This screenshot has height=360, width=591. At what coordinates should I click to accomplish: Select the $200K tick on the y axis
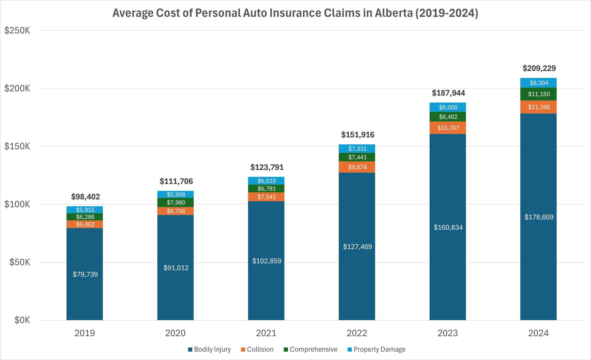click(17, 88)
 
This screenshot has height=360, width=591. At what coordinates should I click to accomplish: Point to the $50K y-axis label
click(20, 262)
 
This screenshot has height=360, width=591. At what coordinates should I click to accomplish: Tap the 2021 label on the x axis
click(266, 333)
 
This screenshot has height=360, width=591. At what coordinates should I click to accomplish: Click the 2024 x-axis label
click(538, 333)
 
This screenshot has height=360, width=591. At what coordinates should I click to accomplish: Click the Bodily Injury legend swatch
click(190, 350)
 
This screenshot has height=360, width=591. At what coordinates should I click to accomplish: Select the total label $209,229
click(539, 68)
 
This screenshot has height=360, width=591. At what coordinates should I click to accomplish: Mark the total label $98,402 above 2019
click(85, 197)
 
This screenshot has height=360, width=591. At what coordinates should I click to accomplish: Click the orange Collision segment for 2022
click(357, 167)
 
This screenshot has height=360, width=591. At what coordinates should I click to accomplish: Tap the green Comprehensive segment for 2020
click(176, 203)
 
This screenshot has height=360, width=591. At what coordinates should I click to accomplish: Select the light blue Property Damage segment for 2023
click(448, 107)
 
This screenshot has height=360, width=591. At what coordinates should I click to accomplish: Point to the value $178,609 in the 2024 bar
click(539, 217)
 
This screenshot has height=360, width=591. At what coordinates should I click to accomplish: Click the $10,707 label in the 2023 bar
click(448, 128)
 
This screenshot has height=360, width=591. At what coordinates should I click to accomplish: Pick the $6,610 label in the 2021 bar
click(266, 181)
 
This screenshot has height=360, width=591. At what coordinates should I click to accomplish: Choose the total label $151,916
click(358, 135)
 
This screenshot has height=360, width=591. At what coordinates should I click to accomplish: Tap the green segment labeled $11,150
click(539, 94)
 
